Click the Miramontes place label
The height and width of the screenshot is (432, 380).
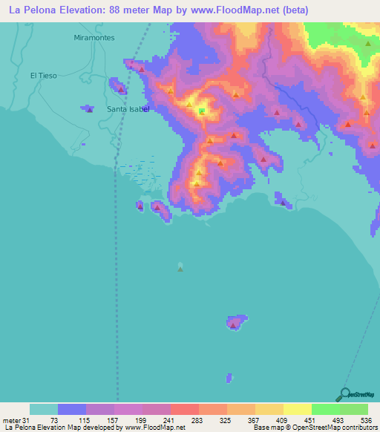click(95, 36)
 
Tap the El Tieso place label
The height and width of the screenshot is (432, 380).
click(43, 75)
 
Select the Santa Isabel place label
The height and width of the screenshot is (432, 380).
click(128, 108)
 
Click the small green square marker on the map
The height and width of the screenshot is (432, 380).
click(201, 111)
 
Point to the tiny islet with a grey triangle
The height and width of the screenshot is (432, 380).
click(180, 268)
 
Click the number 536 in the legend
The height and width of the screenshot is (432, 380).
click(366, 420)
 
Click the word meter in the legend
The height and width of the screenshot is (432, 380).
click(13, 420)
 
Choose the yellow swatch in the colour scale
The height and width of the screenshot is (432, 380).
click(298, 409)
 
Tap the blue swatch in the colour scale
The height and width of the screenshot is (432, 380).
click(72, 409)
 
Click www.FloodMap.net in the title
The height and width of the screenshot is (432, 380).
click(222, 10)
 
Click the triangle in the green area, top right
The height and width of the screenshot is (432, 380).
click(367, 44)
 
